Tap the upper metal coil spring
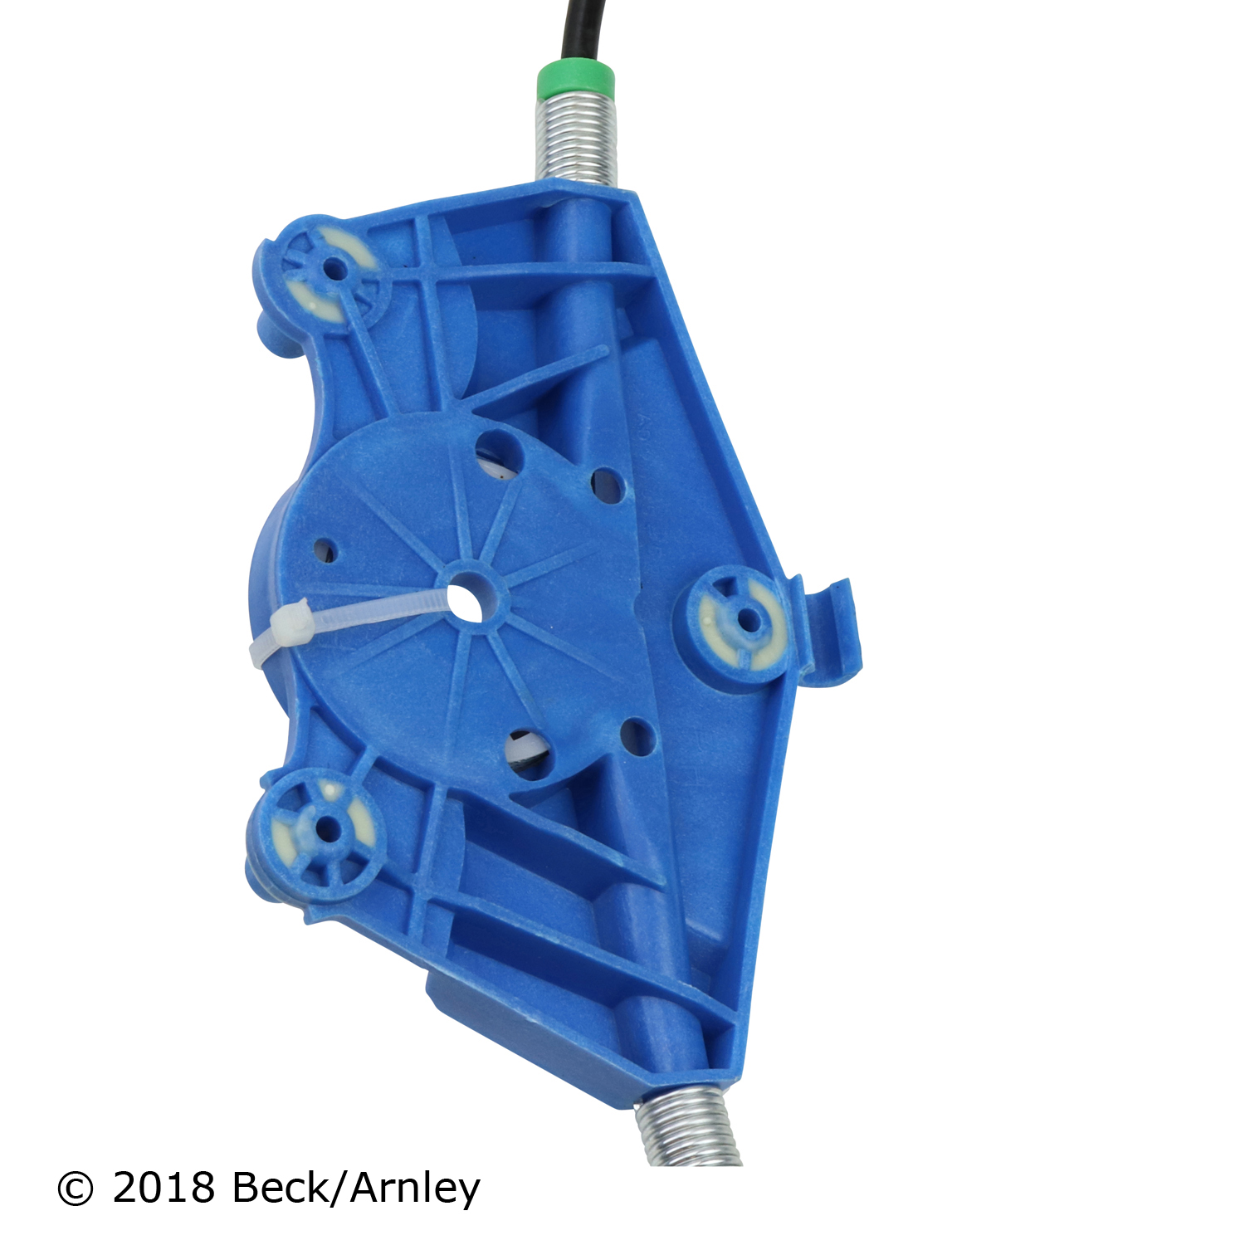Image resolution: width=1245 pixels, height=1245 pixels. (x=575, y=139)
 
